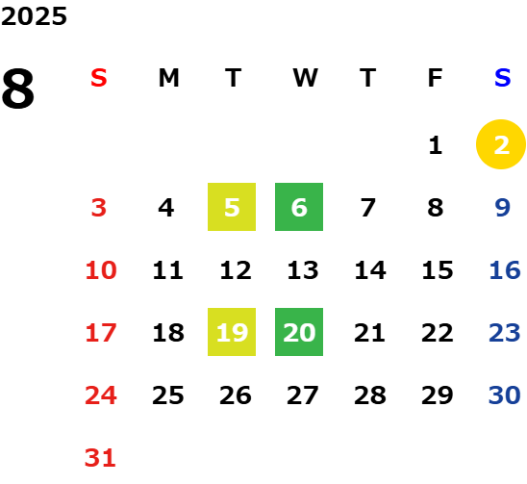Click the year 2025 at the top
tap(34, 16)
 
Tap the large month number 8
tap(18, 89)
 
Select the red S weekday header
tap(99, 78)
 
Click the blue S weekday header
tap(502, 78)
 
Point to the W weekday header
tap(305, 78)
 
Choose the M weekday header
tap(168, 78)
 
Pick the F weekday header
tap(435, 78)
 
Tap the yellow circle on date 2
tap(501, 144)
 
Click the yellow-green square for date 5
tap(232, 207)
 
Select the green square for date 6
tap(299, 207)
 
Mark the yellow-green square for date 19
tap(232, 332)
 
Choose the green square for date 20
tap(299, 332)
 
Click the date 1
tap(436, 145)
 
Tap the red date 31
tap(100, 458)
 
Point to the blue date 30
tap(505, 395)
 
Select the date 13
tap(303, 269)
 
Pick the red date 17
tap(101, 333)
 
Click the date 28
tap(369, 395)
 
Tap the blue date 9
tap(502, 208)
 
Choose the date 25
tap(167, 395)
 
